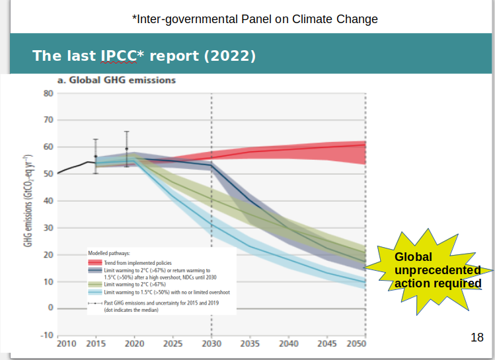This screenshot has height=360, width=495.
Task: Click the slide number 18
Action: [x=477, y=338]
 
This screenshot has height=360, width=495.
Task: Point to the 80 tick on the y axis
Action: [x=48, y=93]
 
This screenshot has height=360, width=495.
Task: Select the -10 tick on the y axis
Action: [x=46, y=335]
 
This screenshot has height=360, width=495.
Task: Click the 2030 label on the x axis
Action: [x=211, y=344]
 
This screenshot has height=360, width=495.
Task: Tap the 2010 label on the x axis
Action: [x=66, y=344]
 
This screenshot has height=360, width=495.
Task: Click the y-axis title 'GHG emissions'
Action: [x=28, y=201]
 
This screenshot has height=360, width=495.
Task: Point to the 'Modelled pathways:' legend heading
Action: [x=109, y=253]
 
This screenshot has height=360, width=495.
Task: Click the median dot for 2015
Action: [x=96, y=157]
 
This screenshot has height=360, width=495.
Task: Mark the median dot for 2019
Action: [x=127, y=149]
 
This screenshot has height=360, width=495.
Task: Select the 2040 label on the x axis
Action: [x=288, y=344]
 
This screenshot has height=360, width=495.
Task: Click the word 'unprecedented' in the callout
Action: [x=438, y=271]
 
